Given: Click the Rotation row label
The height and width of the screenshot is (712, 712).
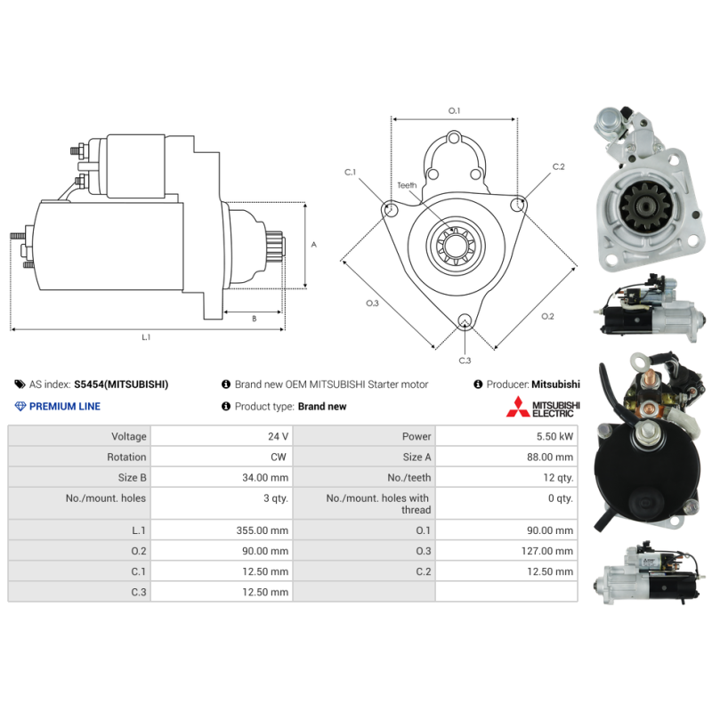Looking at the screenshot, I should pos(126,457).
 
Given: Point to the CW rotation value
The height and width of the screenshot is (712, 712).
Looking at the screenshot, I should pos(279,457).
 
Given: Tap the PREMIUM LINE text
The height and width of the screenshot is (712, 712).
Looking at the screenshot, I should pos(65,407).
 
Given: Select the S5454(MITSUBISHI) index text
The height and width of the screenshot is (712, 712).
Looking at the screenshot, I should pos(121,384).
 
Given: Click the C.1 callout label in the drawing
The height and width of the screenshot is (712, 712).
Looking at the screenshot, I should pos(350,172).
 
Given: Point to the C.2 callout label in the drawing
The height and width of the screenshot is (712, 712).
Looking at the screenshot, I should pos(558,166).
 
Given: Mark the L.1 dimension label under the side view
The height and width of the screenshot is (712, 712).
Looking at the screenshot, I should pos(147,337).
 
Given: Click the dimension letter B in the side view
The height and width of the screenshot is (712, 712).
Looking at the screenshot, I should pos(254,318).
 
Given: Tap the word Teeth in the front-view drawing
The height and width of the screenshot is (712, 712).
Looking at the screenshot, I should pos(407,185).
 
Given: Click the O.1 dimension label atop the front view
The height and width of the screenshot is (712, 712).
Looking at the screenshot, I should pos(454,110).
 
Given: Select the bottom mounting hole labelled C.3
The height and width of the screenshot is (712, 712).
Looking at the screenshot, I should pos(464,321).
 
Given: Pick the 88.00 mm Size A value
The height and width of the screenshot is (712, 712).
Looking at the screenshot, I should pos(551,457).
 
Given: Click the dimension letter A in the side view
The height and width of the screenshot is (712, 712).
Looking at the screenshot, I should pos(313,244).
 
